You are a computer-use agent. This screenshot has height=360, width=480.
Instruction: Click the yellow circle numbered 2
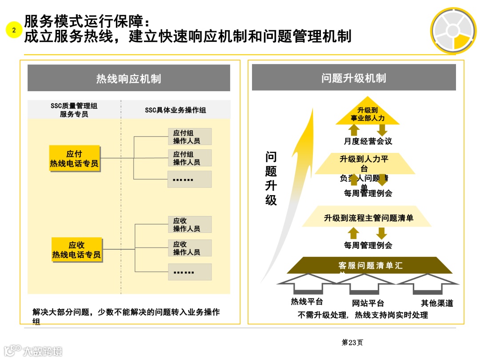point(14,30)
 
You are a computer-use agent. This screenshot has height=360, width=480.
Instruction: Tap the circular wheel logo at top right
point(453,31)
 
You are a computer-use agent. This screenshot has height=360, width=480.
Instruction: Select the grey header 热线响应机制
point(129,79)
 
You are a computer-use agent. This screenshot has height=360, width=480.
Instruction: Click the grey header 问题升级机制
point(354,78)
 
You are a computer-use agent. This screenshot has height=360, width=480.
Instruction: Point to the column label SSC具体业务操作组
point(176,110)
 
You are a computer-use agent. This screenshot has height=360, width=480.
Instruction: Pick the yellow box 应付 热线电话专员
point(74,159)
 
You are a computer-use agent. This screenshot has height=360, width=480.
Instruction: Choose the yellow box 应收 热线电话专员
point(76,250)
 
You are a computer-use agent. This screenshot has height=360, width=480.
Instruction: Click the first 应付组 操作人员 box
point(190,136)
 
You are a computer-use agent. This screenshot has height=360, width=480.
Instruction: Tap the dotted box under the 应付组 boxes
point(190,179)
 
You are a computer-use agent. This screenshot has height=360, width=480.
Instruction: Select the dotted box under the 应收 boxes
point(190,272)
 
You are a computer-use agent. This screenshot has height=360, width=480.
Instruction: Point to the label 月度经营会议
point(368,141)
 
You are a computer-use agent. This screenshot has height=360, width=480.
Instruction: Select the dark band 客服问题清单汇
point(370,266)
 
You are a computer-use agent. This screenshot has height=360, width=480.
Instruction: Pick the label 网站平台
point(368,304)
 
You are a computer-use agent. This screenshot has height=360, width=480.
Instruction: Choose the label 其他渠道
point(437,304)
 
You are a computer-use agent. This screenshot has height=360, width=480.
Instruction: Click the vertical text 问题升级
point(271,178)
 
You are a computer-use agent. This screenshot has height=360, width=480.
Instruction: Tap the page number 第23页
point(352,342)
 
